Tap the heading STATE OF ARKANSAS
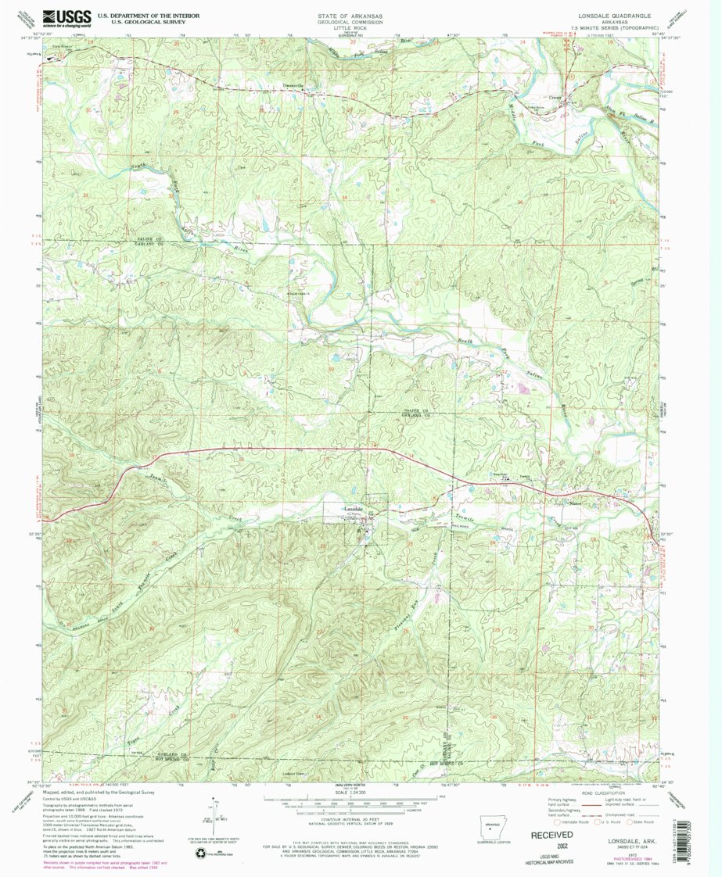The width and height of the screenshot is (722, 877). [x=345, y=15]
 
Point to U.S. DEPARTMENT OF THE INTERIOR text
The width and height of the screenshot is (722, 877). [x=148, y=14]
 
